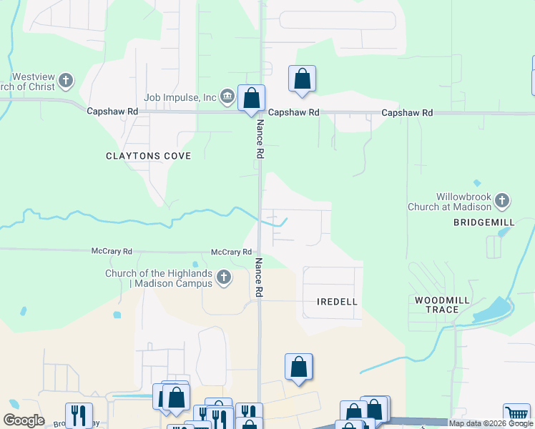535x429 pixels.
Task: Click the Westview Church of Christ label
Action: pos(32,82)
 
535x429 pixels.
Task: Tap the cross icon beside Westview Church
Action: pos(66,80)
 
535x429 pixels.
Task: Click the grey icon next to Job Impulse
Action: pos(227,96)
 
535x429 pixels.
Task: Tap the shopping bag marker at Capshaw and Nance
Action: pos(251,98)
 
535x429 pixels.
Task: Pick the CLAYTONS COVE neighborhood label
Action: pos(148,156)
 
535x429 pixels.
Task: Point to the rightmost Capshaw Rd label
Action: pos(407,113)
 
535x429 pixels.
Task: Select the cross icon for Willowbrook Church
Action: pos(502,201)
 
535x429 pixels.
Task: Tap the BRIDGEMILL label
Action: pos(484,223)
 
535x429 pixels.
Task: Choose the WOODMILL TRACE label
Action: pos(441,304)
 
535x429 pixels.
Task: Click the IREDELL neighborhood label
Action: pos(337,302)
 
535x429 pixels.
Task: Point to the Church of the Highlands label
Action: pos(159,278)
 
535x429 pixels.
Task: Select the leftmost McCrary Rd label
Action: pos(112,252)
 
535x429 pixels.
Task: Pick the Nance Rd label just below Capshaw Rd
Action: pos(260,139)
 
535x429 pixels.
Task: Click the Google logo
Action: pos(24,420)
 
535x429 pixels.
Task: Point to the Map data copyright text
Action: pos(490,423)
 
